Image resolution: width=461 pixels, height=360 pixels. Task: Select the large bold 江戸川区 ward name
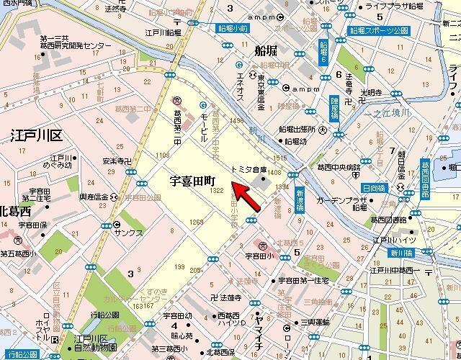[x=36, y=134]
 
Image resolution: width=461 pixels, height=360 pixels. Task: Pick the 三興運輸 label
[x=315, y=322]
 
